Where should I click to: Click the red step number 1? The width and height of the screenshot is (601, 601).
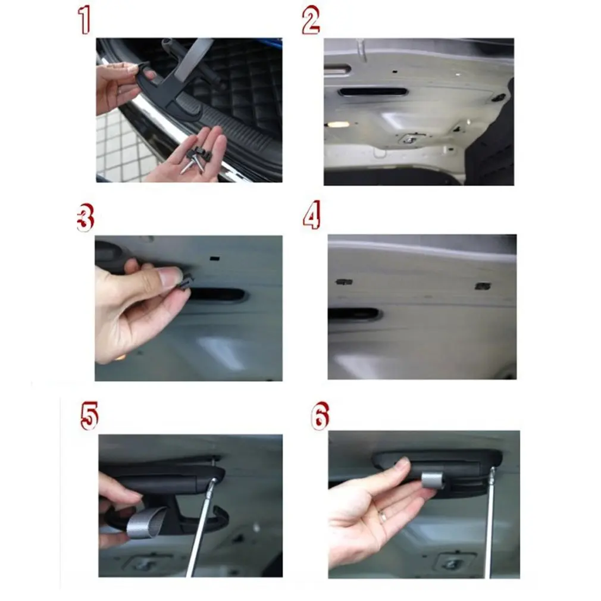84,20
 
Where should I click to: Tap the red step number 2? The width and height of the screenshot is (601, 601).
311,20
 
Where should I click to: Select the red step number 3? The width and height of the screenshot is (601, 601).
86,217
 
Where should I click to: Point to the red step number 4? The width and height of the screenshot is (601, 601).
312,215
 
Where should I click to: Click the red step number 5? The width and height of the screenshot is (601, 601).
89,415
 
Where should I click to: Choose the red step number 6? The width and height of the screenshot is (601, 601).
320,415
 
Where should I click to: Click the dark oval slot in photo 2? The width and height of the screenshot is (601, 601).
373,92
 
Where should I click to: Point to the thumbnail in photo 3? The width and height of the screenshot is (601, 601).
170,277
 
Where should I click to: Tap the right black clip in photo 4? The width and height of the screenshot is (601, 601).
483,286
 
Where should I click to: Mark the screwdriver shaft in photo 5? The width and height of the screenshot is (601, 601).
200,528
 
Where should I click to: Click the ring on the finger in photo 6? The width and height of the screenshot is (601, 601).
383,516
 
